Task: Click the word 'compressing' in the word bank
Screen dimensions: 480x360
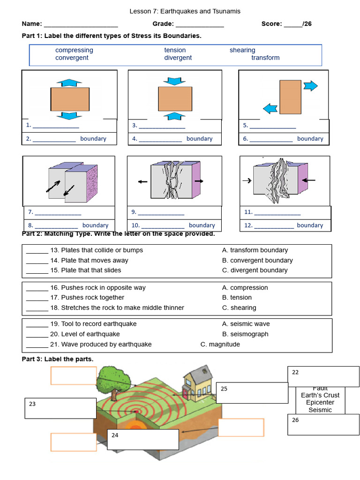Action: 74,50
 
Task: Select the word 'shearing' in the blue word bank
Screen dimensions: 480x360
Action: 242,50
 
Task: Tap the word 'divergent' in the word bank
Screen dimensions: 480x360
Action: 178,58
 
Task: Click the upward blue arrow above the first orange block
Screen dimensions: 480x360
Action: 69,82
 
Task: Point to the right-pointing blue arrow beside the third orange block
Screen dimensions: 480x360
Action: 310,86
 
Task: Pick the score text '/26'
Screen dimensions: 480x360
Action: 307,24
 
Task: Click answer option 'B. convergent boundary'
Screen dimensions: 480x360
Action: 257,260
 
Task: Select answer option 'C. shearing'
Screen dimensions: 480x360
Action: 239,307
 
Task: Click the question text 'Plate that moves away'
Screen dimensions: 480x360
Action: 95,260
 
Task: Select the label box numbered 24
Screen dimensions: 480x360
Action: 142,439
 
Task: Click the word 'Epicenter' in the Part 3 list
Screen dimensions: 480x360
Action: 320,403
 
